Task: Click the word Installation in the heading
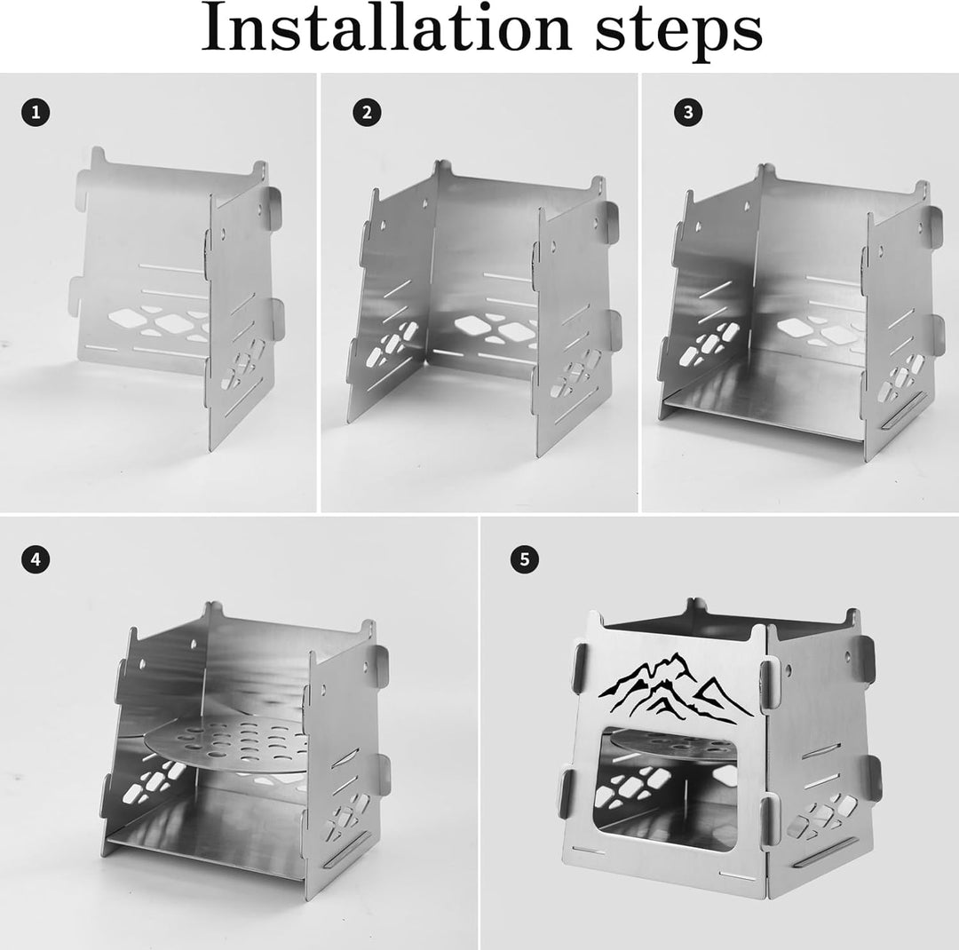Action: click(x=386, y=28)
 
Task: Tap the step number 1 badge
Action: click(x=36, y=113)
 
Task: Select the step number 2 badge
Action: click(x=367, y=113)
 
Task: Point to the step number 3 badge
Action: click(x=689, y=113)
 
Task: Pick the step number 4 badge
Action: click(x=36, y=559)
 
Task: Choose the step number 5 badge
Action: click(x=525, y=559)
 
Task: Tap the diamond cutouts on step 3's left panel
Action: click(x=709, y=344)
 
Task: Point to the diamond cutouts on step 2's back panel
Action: click(x=495, y=328)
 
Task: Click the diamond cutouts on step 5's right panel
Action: click(x=820, y=814)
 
